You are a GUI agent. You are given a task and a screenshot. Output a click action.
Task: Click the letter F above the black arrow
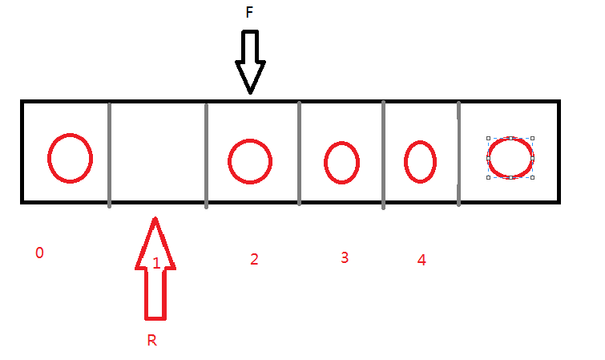(249, 14)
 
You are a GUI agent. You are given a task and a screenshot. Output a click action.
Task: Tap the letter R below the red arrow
(151, 340)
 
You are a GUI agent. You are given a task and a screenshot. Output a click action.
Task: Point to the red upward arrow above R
(155, 273)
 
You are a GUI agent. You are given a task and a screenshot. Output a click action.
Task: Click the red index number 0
(39, 253)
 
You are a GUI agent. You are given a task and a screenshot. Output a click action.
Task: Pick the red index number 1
(156, 262)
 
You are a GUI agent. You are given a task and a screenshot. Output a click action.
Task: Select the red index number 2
(254, 259)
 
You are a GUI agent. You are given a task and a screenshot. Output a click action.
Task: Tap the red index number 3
(345, 257)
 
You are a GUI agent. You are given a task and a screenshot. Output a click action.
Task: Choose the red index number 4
(421, 260)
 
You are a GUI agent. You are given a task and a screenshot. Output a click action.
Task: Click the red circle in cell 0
(70, 157)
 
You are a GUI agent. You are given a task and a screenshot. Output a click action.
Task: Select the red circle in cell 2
(251, 160)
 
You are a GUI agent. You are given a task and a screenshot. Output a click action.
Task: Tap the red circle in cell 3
(341, 162)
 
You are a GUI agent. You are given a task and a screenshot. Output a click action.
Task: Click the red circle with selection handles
(510, 157)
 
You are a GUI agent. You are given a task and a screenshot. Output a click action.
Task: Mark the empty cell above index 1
(157, 152)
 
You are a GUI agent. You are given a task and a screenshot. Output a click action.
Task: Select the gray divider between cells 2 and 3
(299, 152)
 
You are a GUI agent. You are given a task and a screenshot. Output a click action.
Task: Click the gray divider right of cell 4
(458, 152)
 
